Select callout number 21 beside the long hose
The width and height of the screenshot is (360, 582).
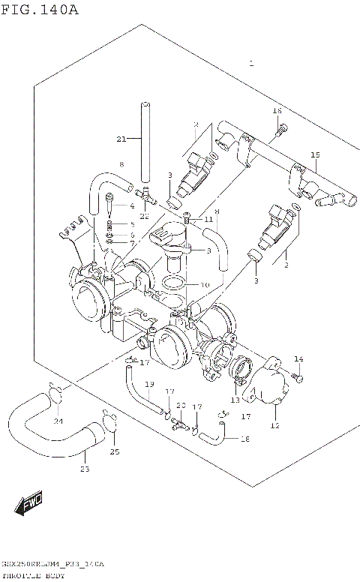[x=121, y=139]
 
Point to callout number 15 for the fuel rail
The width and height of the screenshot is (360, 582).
[x=315, y=155]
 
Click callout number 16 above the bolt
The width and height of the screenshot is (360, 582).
[x=277, y=112]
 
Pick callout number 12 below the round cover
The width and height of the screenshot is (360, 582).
[x=274, y=425]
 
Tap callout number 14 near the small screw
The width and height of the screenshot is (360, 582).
[x=298, y=358]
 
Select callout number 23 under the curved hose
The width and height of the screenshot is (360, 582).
[x=85, y=469]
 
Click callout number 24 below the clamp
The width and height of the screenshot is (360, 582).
[x=58, y=421]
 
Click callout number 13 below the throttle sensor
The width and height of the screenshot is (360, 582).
[x=235, y=400]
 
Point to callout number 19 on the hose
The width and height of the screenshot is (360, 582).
[x=149, y=384]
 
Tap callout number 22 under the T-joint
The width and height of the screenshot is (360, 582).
[x=145, y=216]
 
